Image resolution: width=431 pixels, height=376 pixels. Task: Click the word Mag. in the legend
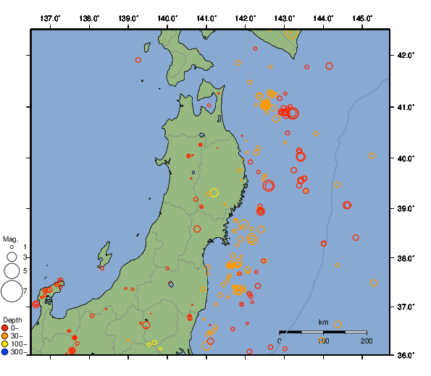tap(10, 239)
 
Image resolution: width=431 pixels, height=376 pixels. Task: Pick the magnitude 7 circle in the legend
tap(12, 291)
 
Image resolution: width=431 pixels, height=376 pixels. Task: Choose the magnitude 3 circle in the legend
tap(12, 257)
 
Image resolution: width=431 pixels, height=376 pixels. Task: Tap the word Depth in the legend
tap(12, 319)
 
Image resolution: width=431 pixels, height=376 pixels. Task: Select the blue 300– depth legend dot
tap(5, 352)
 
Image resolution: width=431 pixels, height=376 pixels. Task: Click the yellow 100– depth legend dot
tap(5, 344)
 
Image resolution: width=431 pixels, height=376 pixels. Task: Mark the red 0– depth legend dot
tap(5, 328)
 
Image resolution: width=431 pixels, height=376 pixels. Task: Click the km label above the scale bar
tap(323, 322)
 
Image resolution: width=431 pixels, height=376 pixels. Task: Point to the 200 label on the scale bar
tap(367, 340)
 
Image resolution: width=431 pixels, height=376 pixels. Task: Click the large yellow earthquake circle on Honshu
tap(214, 192)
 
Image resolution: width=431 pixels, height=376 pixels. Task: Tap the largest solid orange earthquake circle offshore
tap(266, 105)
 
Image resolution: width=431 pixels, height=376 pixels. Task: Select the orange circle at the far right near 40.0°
tap(372, 155)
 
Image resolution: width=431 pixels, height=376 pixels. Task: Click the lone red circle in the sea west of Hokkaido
tap(138, 60)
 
